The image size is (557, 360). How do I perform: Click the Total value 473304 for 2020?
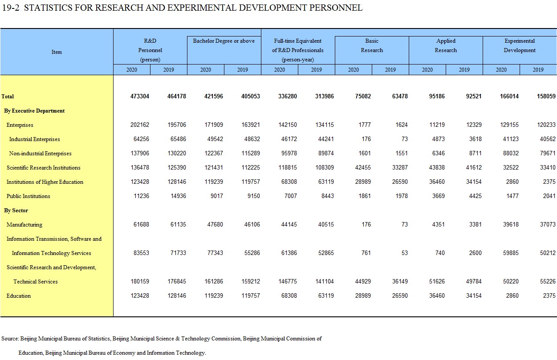pos(140,97)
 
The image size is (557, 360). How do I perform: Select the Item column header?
pos(57,52)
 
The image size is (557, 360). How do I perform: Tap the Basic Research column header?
pos(372,45)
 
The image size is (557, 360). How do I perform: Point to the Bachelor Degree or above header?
pos(224,41)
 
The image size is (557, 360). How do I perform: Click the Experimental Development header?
pos(520,45)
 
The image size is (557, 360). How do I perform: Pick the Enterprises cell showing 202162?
pos(140,125)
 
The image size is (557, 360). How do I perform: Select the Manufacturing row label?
pos(24,225)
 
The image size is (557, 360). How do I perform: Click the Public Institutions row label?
pos(28,196)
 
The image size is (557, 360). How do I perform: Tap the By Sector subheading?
pos(16,210)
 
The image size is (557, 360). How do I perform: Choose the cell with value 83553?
pos(141,253)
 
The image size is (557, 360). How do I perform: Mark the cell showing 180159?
pos(140,282)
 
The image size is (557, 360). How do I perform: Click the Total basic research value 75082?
pos(363,97)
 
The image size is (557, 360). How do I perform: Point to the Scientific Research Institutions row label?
pos(44,168)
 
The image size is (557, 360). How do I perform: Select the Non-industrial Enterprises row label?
pos(40,154)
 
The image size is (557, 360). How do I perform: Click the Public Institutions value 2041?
pos(549,196)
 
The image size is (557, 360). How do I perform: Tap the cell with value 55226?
pos(548,282)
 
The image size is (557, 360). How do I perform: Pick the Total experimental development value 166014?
pos(509,97)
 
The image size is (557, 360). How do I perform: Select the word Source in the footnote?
pos(10,339)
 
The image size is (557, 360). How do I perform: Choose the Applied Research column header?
pos(446,45)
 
